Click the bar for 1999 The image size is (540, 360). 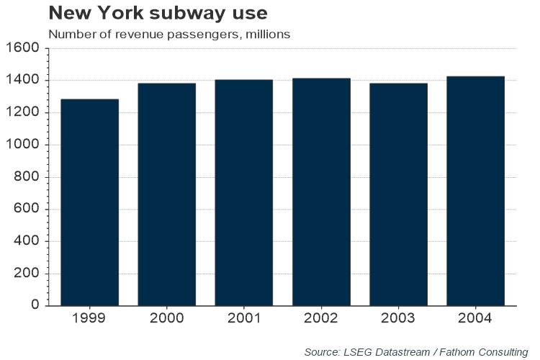89,202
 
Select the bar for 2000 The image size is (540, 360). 166,194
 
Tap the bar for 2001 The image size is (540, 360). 244,192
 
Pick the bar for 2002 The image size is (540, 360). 321,192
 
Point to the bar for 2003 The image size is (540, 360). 398,194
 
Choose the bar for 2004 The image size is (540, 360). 475,191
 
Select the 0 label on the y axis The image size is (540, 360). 35,305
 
